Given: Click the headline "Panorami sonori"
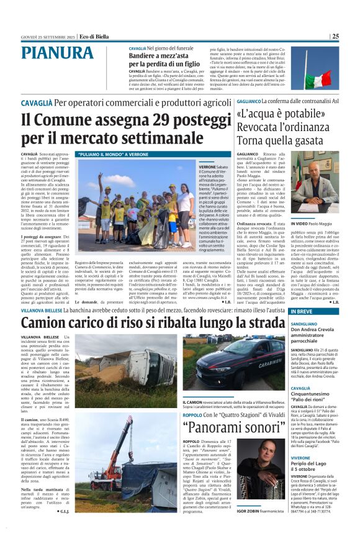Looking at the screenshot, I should coord(228,427).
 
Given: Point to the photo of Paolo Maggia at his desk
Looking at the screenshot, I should coord(316,184).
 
